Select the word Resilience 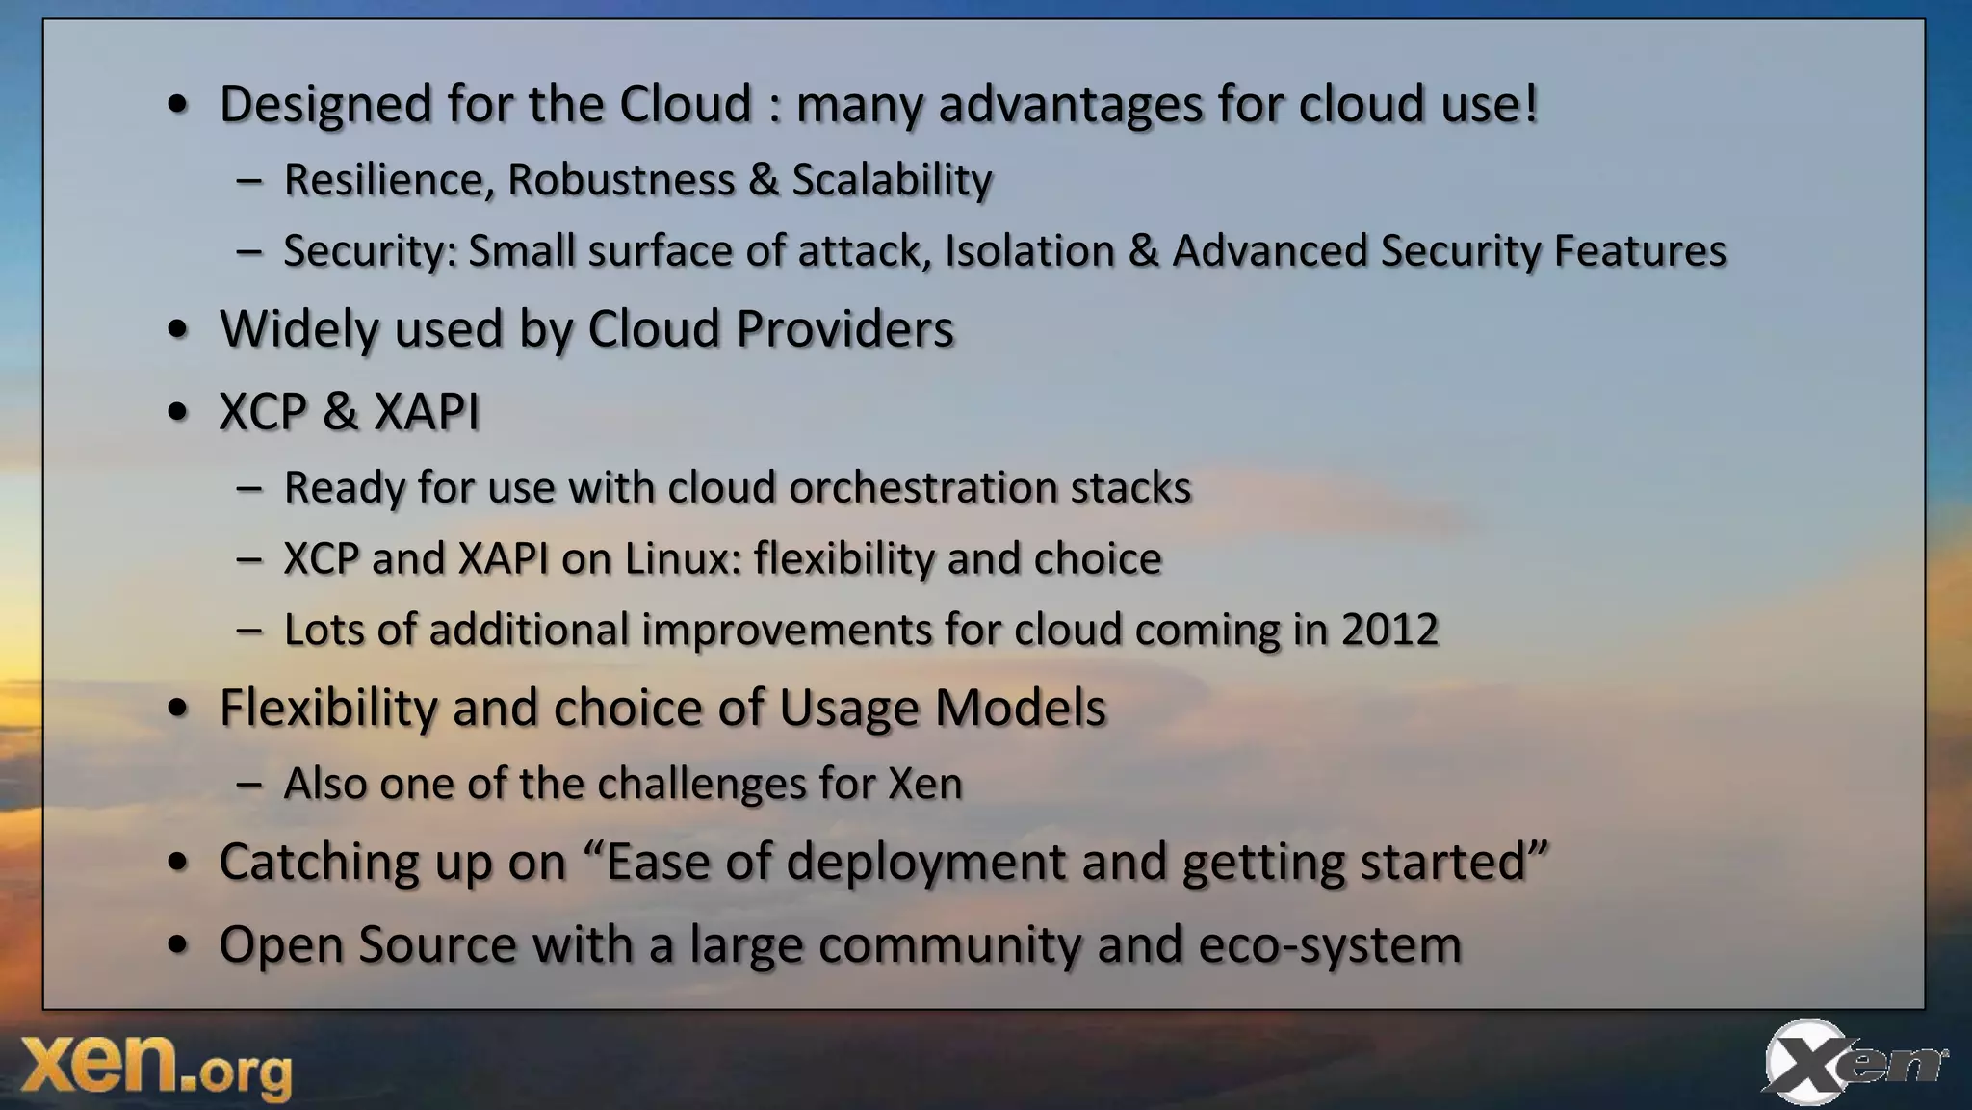(x=388, y=180)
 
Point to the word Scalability (x=892, y=180)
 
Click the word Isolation (x=1028, y=251)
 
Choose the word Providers (x=844, y=329)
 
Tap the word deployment (x=925, y=863)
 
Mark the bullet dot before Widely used (x=177, y=330)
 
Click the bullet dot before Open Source (x=177, y=945)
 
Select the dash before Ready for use (x=248, y=488)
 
